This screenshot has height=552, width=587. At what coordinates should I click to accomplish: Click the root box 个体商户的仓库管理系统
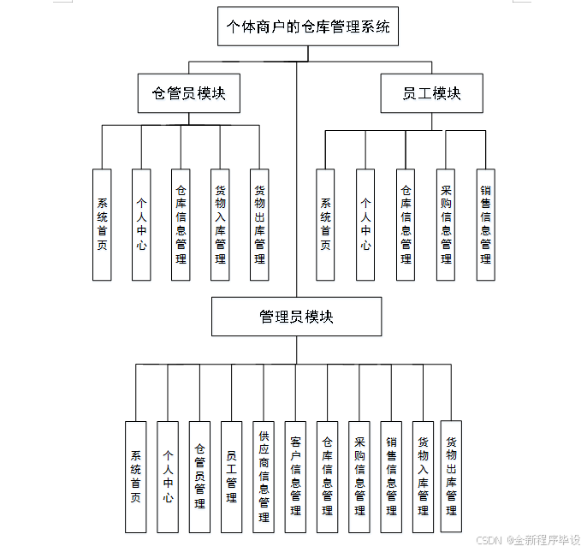coord(307,27)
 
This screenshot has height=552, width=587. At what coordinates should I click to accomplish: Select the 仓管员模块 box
coord(188,93)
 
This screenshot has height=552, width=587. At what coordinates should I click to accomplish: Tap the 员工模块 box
coord(431,93)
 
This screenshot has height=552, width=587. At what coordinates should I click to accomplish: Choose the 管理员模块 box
coord(296,317)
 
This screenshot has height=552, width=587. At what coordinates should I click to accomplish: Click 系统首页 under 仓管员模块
coord(102,224)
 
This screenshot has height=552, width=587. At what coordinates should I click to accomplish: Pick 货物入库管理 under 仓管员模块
coord(220,224)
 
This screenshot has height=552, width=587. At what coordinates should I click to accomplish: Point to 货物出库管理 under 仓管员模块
coord(259,224)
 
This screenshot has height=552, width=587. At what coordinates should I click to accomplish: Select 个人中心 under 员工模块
coord(365,224)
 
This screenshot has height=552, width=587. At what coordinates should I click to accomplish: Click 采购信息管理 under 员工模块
coord(445,224)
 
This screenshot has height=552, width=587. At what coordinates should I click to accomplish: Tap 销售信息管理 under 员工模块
coord(485,224)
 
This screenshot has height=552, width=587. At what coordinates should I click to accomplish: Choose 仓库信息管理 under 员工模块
coord(406,224)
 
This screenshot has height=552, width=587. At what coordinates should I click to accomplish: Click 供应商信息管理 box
coord(264,477)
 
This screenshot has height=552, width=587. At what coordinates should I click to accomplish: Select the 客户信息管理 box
coord(295,477)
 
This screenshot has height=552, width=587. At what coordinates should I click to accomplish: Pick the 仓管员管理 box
coord(199,477)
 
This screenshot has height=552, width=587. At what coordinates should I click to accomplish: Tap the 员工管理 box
coord(231,477)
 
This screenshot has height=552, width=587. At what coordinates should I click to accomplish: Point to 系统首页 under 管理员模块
coord(135,477)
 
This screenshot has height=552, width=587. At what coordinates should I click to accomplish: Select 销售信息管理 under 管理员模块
coord(391,477)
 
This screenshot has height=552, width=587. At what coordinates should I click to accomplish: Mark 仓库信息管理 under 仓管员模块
coord(181,224)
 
